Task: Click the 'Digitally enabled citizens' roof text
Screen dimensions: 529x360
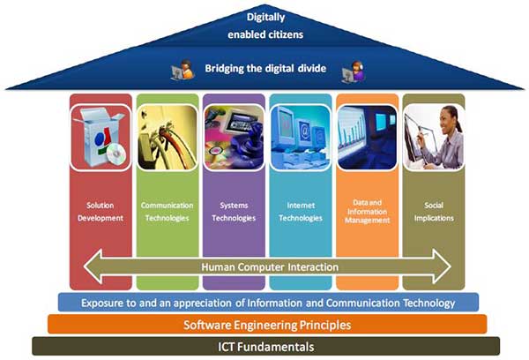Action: pos(265,26)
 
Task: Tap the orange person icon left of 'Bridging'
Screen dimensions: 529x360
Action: pos(183,71)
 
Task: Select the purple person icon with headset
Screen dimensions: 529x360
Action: pos(354,72)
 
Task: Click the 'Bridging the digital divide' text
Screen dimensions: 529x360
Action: pos(265,69)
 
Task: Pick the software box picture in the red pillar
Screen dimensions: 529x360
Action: pos(101,138)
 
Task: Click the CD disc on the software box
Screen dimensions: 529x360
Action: pos(116,154)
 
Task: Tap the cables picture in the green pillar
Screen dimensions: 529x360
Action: pos(167,138)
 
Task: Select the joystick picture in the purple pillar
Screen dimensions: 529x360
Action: pos(234,138)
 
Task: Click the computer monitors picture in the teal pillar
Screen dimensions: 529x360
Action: pos(301,138)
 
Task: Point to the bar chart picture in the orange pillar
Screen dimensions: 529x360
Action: pos(367,138)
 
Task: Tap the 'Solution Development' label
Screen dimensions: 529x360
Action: pos(101,212)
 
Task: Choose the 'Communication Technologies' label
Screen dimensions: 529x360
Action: pos(167,212)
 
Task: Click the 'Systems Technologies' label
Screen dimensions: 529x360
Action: pos(234,212)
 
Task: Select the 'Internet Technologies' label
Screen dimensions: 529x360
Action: pos(301,212)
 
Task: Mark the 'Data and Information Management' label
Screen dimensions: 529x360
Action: pos(367,212)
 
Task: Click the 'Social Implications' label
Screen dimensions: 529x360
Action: pos(434,212)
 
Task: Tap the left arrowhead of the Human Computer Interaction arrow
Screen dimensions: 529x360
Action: pos(93,266)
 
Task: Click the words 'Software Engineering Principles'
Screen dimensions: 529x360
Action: pos(267,325)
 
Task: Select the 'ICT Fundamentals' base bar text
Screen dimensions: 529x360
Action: pos(266,347)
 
